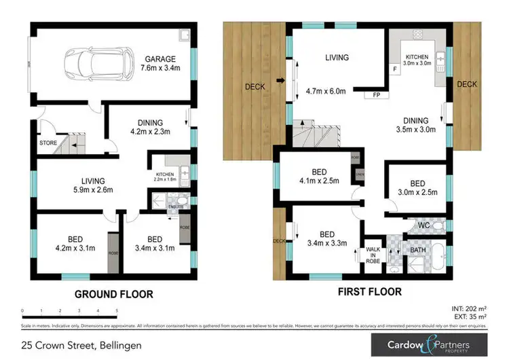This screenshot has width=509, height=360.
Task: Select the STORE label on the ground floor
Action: coord(47,143)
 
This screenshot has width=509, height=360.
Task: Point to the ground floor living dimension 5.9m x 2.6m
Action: coord(94,190)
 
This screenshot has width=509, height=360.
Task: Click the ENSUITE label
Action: coord(176,206)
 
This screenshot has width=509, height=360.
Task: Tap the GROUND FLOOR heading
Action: coord(114,294)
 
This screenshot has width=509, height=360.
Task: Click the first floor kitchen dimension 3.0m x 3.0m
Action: coord(419,63)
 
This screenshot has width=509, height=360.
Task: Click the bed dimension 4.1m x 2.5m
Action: coord(317,181)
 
